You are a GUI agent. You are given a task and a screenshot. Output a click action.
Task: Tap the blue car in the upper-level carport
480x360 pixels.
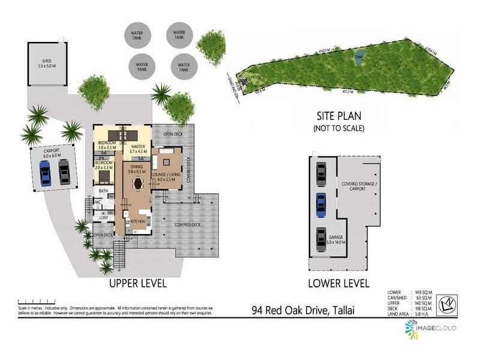pyautogui.click(x=45, y=173)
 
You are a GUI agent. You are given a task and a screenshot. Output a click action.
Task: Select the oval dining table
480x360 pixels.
pyautogui.click(x=138, y=183)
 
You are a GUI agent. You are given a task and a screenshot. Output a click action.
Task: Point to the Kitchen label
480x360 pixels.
pyautogui.click(x=138, y=221)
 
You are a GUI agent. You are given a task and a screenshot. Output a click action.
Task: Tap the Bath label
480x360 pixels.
pyautogui.click(x=104, y=191)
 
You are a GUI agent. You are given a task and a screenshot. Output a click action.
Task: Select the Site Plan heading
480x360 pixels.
pyautogui.click(x=339, y=116)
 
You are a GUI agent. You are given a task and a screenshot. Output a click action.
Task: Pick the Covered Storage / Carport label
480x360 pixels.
pyautogui.click(x=358, y=186)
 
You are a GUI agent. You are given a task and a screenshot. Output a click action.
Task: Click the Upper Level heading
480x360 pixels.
pyautogui.click(x=137, y=283)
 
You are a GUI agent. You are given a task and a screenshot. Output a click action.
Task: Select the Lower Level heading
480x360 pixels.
pyautogui.click(x=338, y=283)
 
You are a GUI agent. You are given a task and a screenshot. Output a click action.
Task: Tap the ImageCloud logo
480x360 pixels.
pyautogui.click(x=431, y=328)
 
